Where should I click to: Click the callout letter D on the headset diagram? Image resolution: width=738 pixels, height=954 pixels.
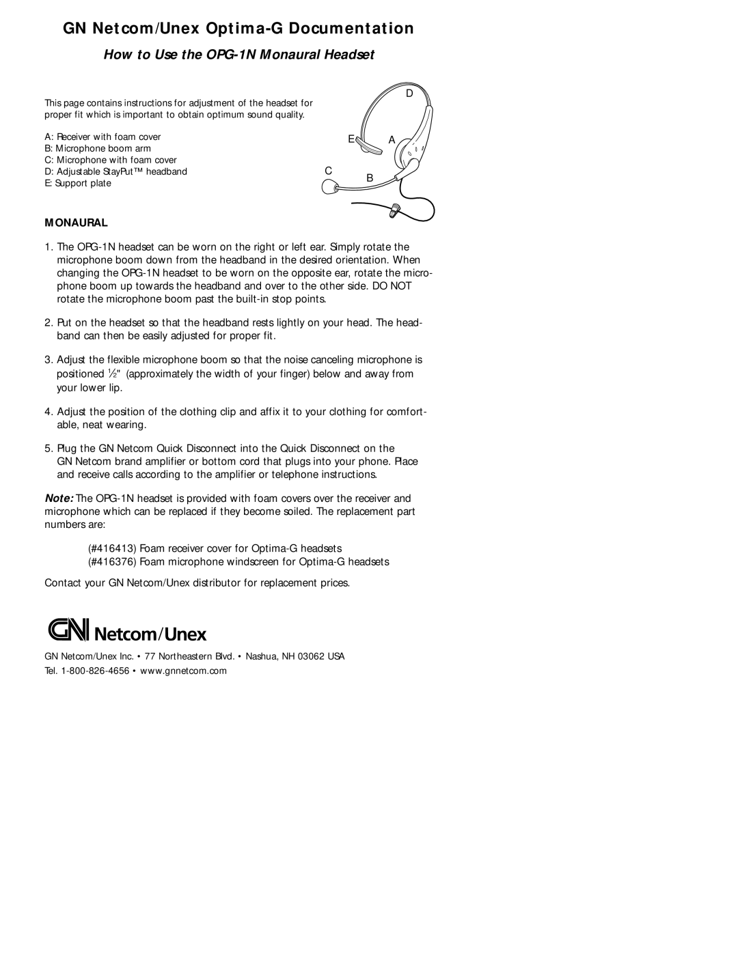[410, 94]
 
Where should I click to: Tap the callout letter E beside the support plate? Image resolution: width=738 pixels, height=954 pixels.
[350, 139]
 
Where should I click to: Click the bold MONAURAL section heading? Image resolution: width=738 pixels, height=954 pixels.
[77, 223]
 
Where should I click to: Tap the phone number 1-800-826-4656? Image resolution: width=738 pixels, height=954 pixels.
[96, 671]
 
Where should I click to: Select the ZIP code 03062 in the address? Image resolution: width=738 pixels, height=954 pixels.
[314, 656]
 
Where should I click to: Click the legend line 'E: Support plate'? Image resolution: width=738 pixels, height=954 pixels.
[78, 184]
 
